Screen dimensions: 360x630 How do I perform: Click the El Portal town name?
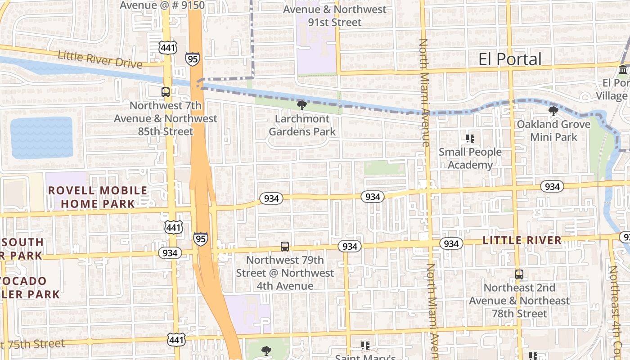point(510,59)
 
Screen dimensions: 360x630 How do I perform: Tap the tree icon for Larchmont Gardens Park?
point(301,105)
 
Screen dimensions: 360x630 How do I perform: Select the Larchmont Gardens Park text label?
point(302,125)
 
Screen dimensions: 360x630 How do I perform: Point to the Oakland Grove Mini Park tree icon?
point(553,111)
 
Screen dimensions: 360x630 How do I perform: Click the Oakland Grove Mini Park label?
point(553,130)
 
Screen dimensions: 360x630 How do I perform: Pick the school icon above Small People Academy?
point(470,139)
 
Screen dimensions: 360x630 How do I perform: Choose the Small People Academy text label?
point(470,158)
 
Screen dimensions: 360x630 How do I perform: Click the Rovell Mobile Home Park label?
point(98,197)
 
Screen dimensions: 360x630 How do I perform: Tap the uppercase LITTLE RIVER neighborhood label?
point(522,240)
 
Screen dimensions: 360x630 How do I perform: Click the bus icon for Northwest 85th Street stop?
point(166,92)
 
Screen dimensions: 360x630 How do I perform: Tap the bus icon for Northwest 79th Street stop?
point(285,247)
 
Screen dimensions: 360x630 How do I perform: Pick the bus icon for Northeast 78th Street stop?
point(519,274)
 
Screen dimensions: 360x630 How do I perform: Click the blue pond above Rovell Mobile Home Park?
point(41,138)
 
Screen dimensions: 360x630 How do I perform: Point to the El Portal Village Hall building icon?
point(623,70)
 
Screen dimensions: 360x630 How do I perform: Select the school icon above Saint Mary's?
point(365,346)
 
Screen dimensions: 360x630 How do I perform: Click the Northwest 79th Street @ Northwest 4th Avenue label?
point(284,273)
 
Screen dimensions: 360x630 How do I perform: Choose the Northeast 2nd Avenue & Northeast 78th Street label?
point(520,301)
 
